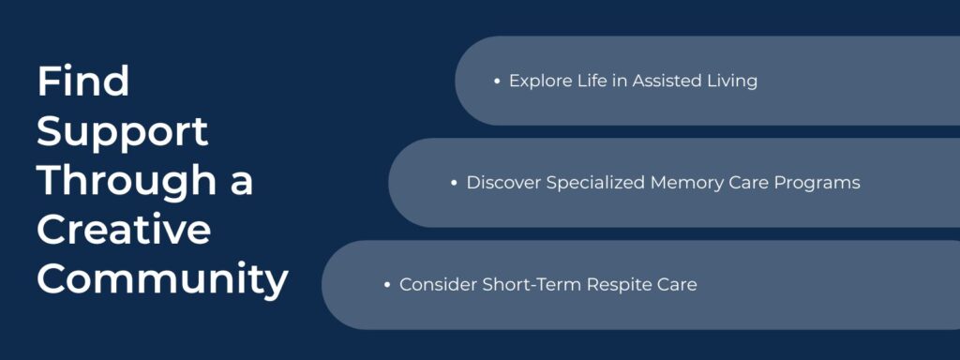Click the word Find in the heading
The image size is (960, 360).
click(82, 82)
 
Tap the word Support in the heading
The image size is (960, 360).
click(123, 132)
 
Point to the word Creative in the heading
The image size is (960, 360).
click(124, 231)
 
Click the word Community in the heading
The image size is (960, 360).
click(162, 279)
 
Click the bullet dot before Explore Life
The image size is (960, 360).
click(497, 82)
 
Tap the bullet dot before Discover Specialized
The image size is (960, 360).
click(454, 184)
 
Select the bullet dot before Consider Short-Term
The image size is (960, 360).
click(387, 285)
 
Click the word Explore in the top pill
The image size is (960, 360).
click(539, 82)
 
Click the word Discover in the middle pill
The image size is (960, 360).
click(502, 183)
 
